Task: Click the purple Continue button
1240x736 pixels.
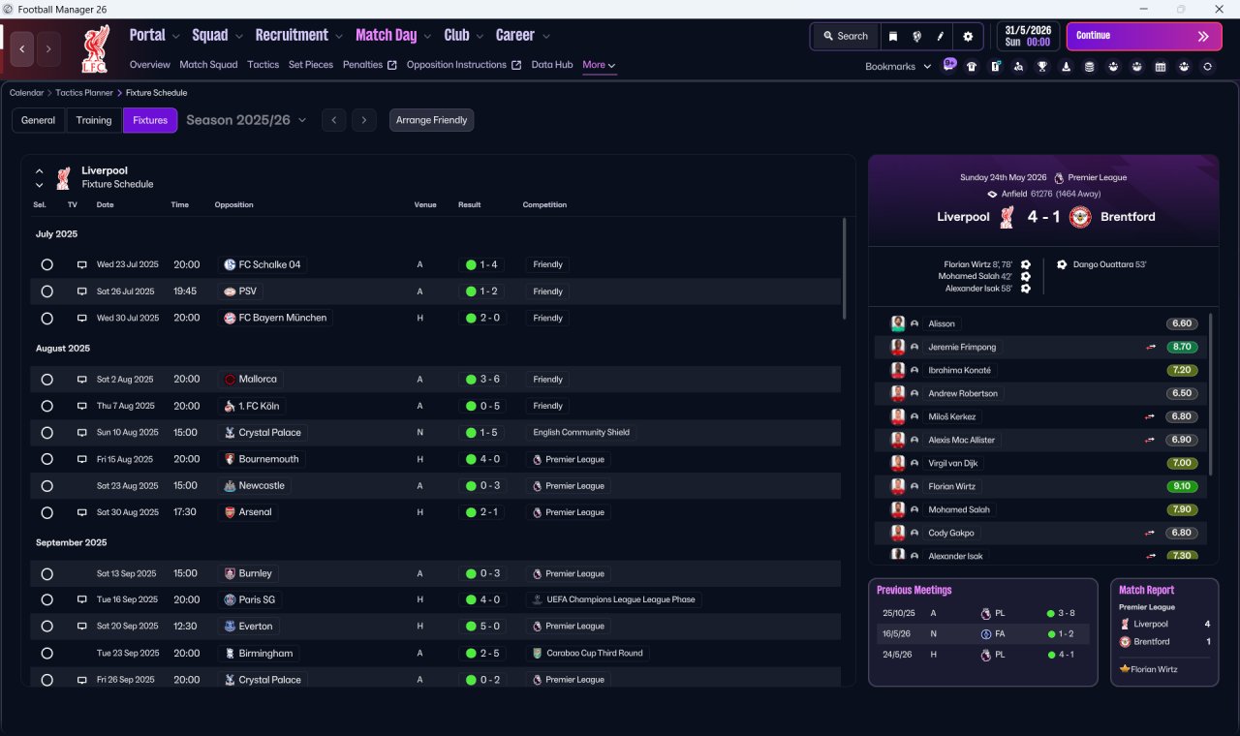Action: [1144, 36]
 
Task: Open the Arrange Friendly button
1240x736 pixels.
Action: [431, 120]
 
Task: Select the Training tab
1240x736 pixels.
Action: [94, 120]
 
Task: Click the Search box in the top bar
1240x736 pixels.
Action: [846, 36]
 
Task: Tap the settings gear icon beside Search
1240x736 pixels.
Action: [968, 37]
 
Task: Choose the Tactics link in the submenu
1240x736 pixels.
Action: [263, 65]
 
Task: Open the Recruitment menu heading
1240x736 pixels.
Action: [292, 36]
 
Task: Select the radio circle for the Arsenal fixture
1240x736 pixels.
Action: [47, 512]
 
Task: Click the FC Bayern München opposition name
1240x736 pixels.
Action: [282, 319]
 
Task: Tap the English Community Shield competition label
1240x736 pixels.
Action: [581, 432]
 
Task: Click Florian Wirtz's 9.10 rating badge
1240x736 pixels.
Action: [1181, 486]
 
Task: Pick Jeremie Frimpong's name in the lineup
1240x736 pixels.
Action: [962, 347]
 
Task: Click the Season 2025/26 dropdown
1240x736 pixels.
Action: [246, 120]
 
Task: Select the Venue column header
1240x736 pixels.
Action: [425, 204]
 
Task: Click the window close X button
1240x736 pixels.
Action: [1220, 9]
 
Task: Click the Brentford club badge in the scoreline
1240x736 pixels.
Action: [1080, 217]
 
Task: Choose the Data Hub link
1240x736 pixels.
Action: [552, 65]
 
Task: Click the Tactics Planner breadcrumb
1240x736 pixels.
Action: [84, 93]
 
